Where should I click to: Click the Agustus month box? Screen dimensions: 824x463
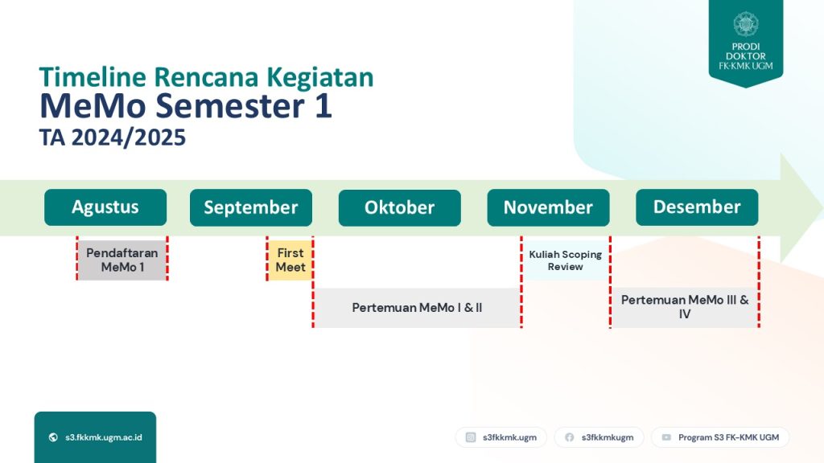[x=105, y=207]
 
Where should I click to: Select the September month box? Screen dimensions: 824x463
[x=251, y=207]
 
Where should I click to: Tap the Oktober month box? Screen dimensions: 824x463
[x=399, y=207]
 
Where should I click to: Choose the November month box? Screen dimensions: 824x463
[x=548, y=207]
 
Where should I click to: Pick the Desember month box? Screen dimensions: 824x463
[x=697, y=207]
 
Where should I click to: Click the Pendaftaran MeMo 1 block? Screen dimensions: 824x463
[x=122, y=260]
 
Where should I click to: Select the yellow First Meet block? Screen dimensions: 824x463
[x=290, y=260]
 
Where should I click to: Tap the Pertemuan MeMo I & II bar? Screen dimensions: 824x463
[x=418, y=308]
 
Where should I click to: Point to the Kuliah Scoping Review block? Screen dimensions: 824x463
[x=566, y=260]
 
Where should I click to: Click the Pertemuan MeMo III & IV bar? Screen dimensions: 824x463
[x=684, y=308]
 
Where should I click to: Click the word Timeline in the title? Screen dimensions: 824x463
[x=93, y=77]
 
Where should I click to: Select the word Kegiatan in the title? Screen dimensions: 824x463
[x=320, y=78]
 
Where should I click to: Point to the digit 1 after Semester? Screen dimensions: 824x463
[x=323, y=105]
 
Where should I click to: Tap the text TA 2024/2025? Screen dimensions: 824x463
[x=113, y=137]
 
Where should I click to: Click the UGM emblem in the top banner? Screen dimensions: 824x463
[x=746, y=24]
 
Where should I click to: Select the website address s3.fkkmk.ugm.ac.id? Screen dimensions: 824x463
[x=104, y=437]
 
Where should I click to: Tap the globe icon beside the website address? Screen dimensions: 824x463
[x=53, y=437]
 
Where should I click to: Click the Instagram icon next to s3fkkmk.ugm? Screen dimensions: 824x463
[x=471, y=437]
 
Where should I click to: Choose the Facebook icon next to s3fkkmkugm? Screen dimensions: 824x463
[x=569, y=437]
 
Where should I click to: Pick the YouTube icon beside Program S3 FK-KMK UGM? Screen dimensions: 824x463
[x=666, y=437]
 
